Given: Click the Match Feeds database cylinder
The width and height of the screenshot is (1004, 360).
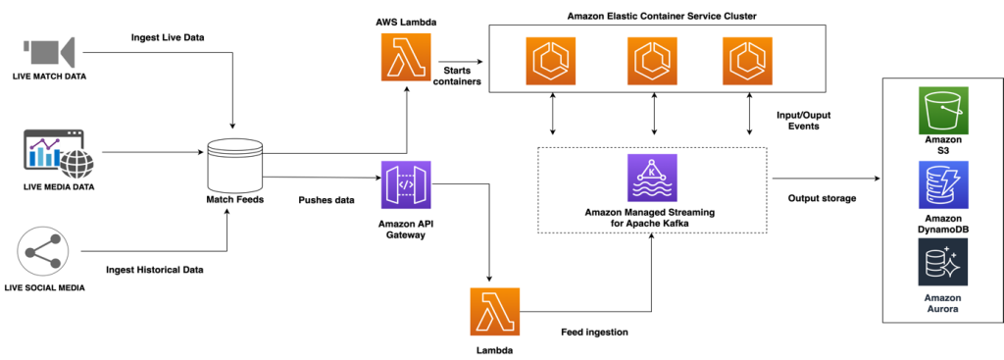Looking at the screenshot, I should pos(235,161).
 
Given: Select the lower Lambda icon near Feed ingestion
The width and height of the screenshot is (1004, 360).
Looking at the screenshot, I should pos(495,311).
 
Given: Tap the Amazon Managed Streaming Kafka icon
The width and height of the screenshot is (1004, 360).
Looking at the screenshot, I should pos(652,178).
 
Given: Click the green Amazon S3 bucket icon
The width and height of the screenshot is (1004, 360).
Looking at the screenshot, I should pos(942,110).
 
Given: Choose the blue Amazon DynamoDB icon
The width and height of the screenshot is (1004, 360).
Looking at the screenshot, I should pos(942,186).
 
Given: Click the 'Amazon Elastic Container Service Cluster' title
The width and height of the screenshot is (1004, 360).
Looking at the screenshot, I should pos(662,17).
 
